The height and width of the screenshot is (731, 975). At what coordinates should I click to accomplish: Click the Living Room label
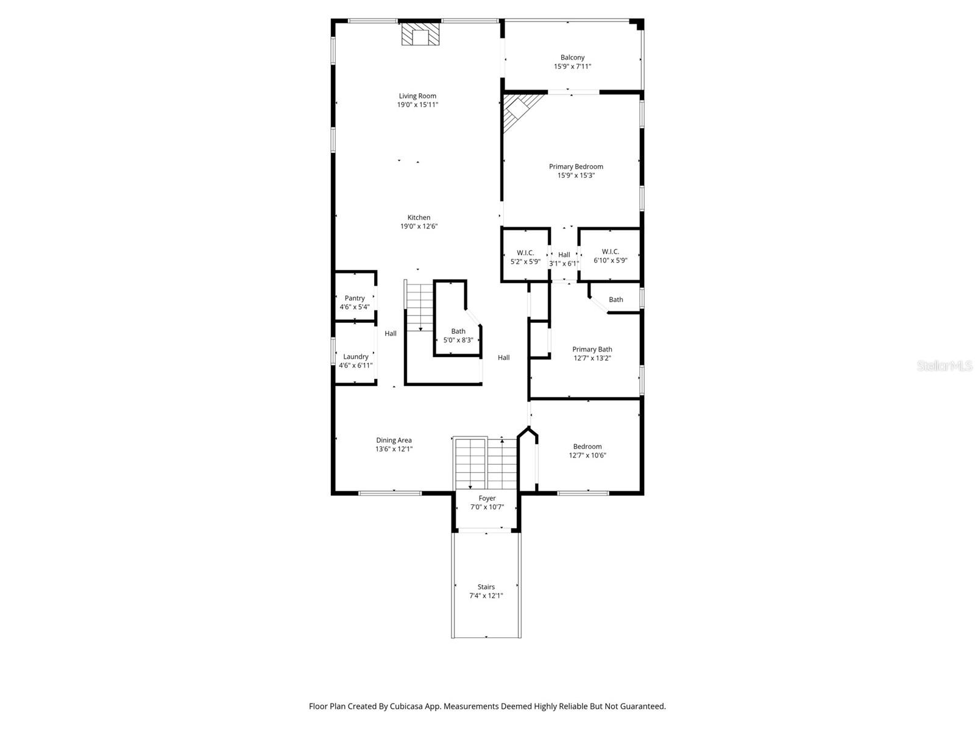(417, 96)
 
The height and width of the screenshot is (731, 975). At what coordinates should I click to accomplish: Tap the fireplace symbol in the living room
(420, 35)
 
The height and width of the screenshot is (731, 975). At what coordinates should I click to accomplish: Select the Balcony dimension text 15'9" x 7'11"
(572, 66)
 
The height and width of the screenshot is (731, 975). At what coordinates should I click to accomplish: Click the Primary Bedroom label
(576, 166)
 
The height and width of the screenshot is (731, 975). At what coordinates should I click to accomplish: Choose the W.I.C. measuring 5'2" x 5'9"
(525, 256)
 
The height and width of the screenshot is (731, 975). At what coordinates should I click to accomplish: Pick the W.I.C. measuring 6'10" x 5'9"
(610, 256)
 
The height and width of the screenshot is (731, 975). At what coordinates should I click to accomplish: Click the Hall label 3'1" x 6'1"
(564, 259)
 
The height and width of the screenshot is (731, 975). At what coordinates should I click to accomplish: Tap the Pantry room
(355, 302)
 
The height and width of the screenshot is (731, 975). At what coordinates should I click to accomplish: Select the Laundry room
(355, 361)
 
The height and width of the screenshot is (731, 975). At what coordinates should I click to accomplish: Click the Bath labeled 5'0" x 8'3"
(458, 336)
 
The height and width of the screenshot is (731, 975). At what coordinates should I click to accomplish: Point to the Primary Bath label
(592, 350)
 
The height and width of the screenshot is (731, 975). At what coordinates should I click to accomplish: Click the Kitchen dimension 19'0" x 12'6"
(419, 227)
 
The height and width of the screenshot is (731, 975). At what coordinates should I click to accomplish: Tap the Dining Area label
(394, 440)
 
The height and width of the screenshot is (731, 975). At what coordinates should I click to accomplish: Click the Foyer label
(487, 498)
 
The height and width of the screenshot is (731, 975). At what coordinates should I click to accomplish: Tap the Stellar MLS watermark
(945, 366)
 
